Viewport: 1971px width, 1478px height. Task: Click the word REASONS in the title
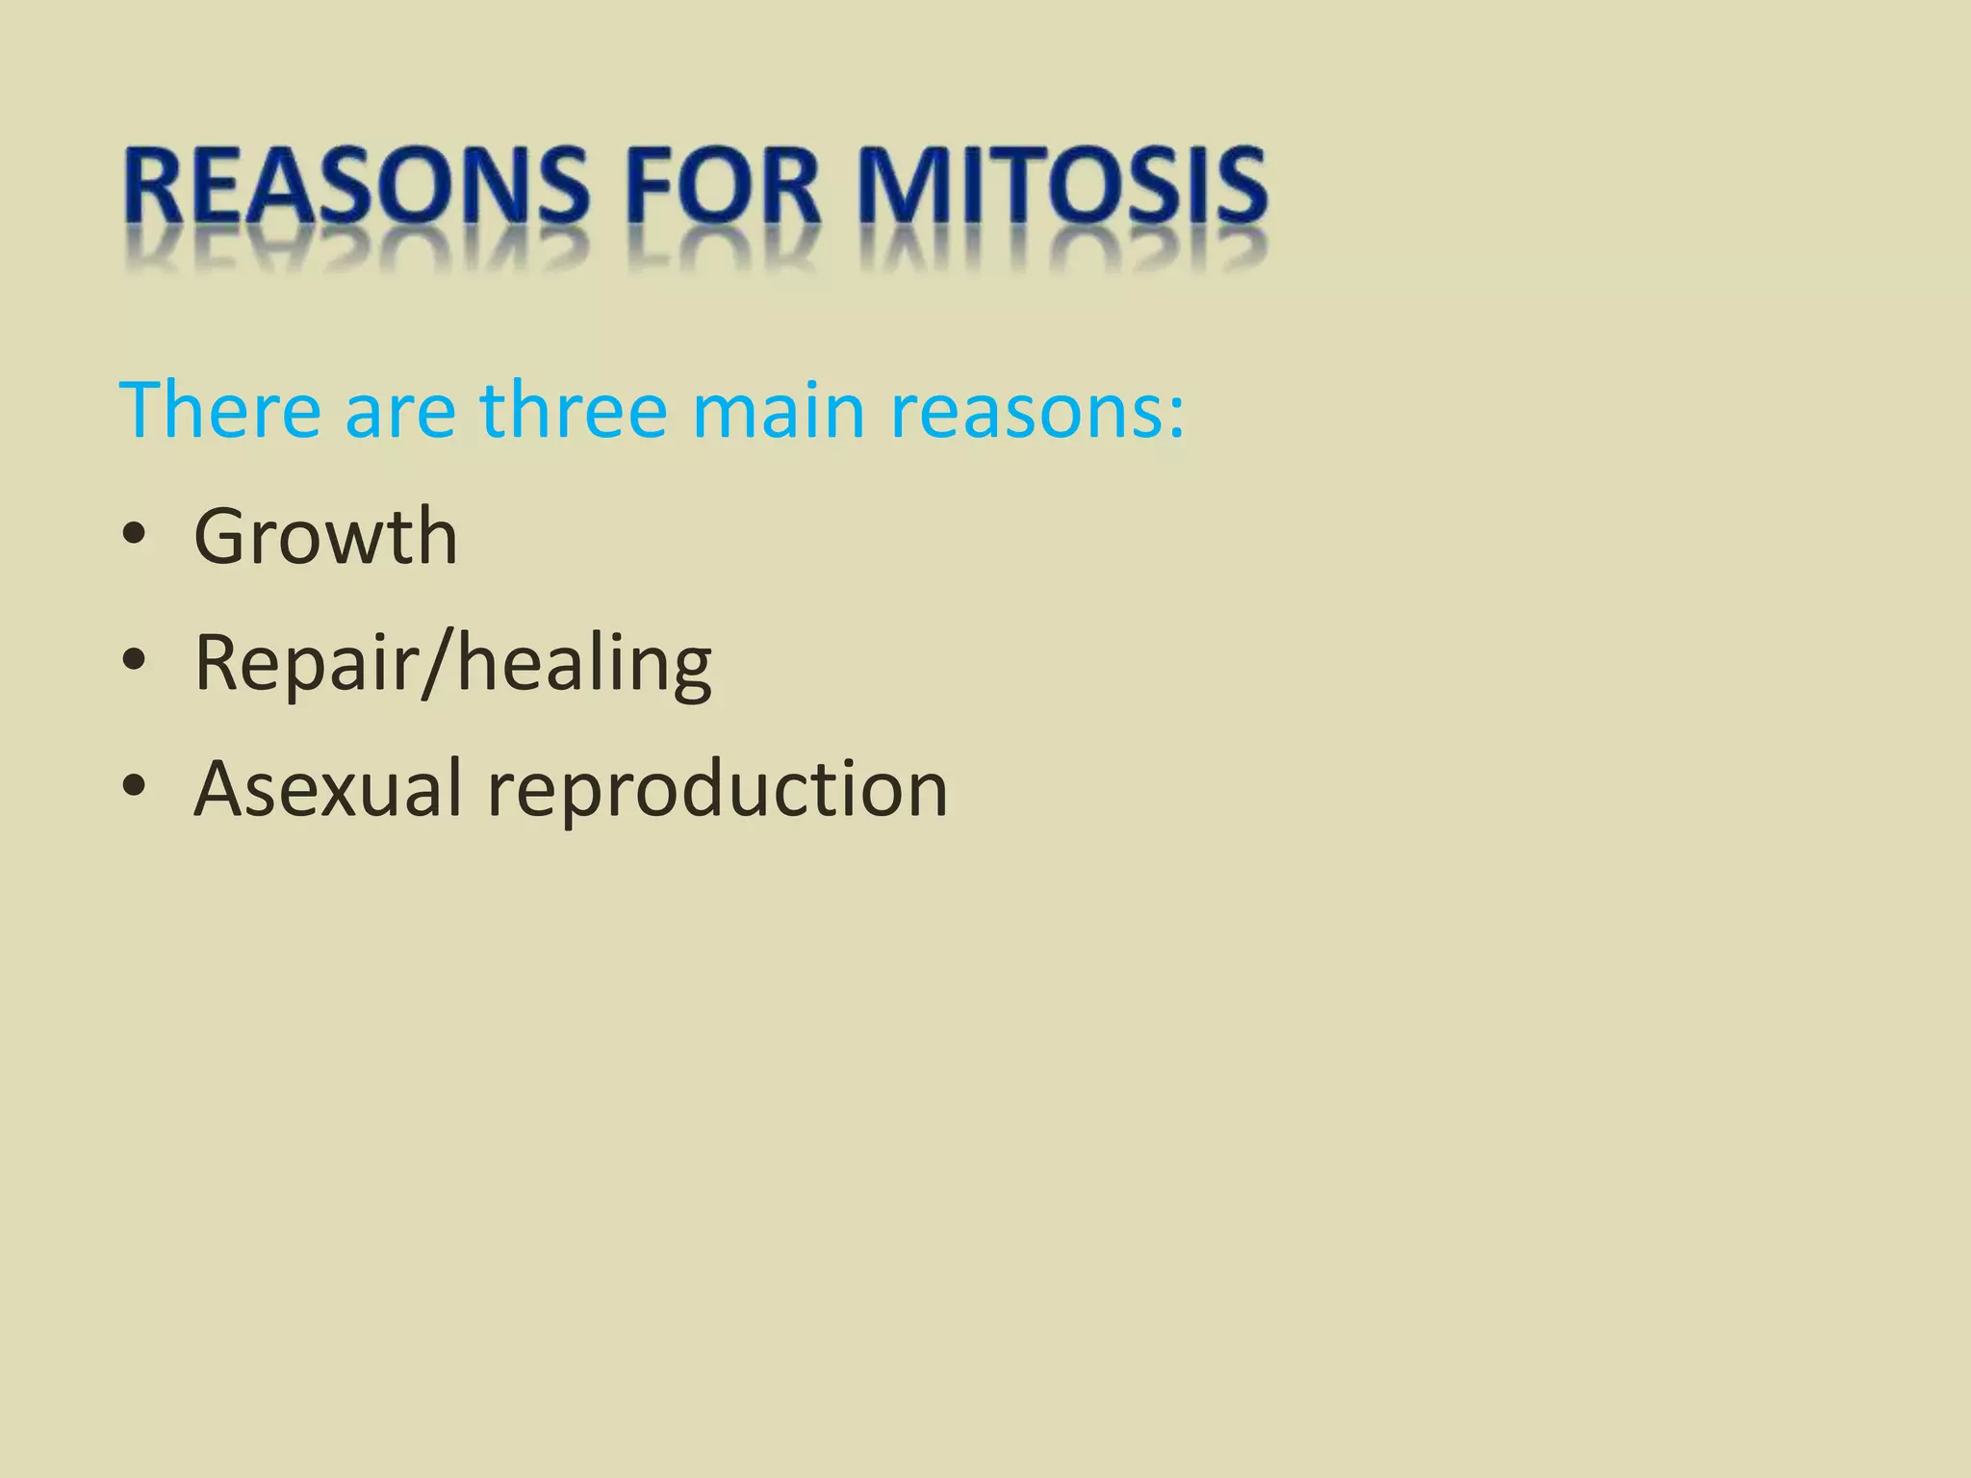click(x=356, y=188)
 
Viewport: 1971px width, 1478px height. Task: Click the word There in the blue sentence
click(x=219, y=411)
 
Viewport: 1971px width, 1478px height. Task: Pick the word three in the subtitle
click(x=574, y=411)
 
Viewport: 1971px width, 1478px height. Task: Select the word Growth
click(x=325, y=536)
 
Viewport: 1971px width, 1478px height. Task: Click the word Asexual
click(x=328, y=789)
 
